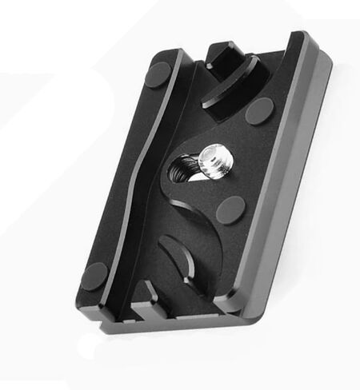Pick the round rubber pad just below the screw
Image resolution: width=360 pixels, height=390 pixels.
click(x=232, y=210)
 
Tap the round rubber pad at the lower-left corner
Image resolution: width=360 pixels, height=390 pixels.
click(x=94, y=276)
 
